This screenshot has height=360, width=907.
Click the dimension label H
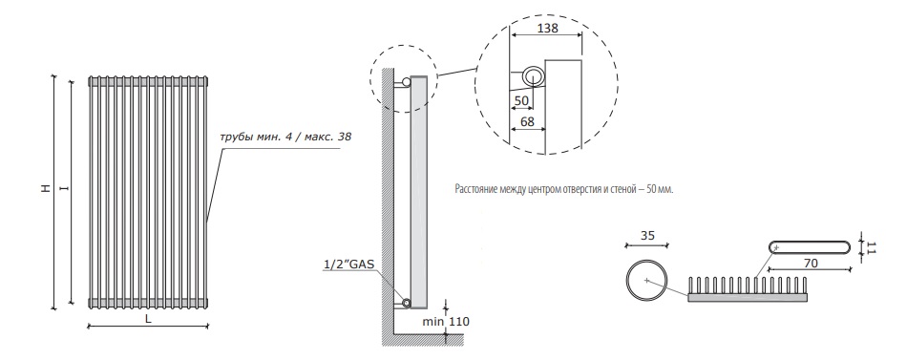click(46, 189)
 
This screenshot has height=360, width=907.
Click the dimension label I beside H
click(64, 189)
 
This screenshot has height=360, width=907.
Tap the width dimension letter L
click(148, 319)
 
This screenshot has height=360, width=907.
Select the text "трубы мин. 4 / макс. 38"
click(285, 138)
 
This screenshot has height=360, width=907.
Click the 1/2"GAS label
click(348, 265)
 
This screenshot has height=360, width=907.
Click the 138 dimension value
click(547, 27)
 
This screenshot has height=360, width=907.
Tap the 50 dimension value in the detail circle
click(521, 100)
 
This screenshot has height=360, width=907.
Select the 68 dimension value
click(527, 121)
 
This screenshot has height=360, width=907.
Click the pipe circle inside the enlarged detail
click(533, 77)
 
